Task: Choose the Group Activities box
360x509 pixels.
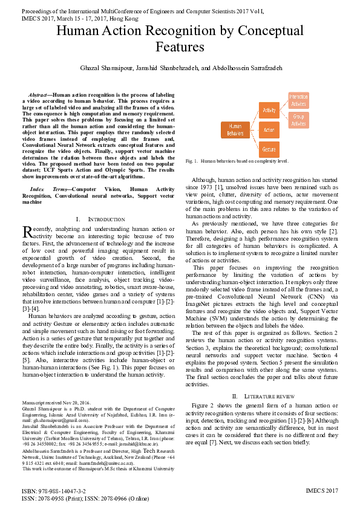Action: point(298,120)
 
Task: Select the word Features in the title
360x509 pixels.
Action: point(180,47)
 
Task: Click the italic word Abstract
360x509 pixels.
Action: point(39,95)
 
